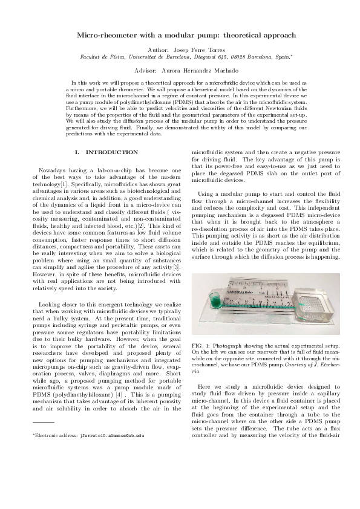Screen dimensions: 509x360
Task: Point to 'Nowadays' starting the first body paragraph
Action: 50,172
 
